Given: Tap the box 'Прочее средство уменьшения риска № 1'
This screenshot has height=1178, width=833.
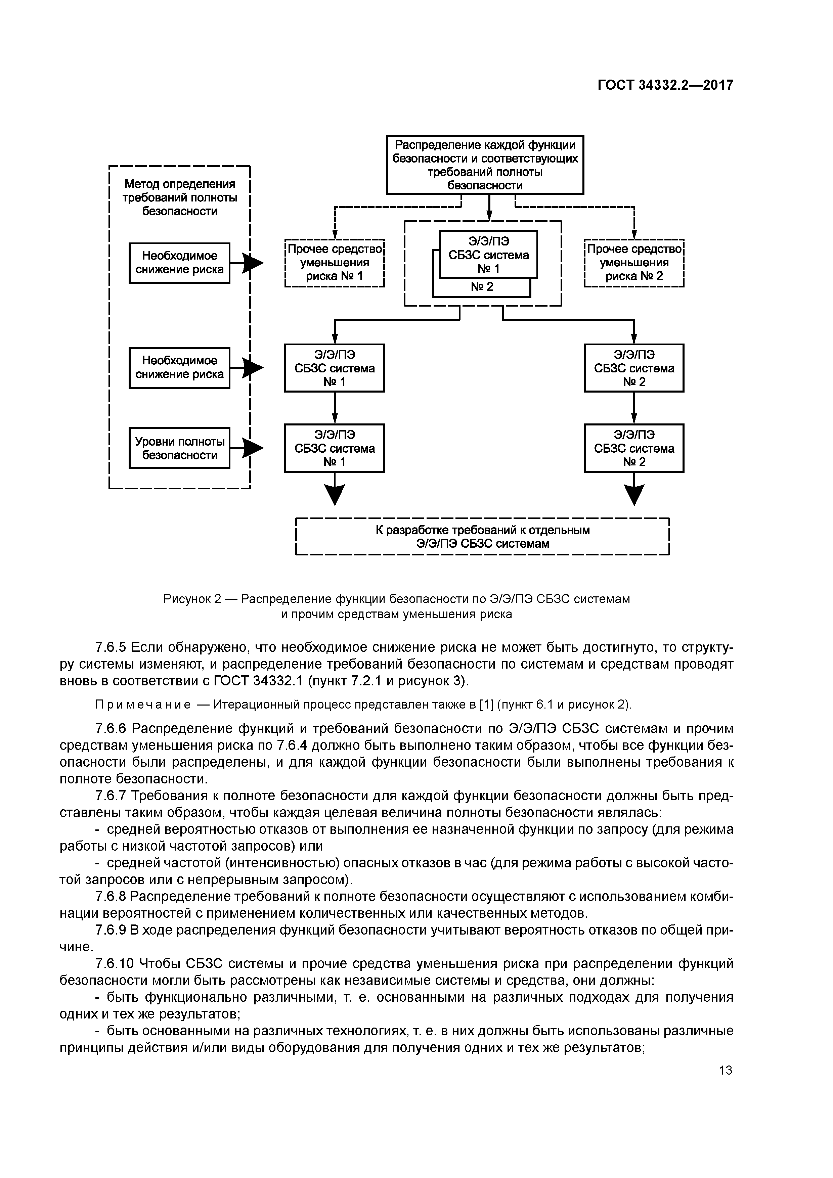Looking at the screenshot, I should (x=334, y=263).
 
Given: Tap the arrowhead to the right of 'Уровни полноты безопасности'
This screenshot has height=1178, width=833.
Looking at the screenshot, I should (x=253, y=448).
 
